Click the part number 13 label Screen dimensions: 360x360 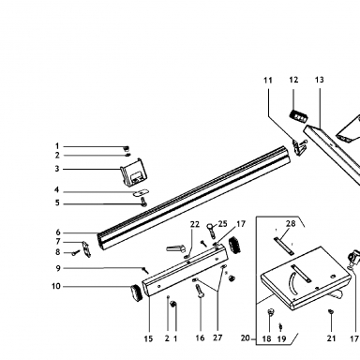click(x=319, y=80)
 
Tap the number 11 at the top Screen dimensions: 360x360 click(x=268, y=81)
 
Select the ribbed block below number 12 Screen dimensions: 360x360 click(x=298, y=115)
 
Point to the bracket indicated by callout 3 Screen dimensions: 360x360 click(x=133, y=172)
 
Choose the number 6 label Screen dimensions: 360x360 click(x=58, y=232)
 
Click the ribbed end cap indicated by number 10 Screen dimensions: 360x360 click(x=136, y=293)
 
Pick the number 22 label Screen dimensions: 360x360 click(x=195, y=224)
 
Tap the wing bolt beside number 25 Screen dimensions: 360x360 click(x=212, y=230)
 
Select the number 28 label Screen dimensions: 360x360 click(x=291, y=223)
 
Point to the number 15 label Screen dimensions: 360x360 click(x=148, y=338)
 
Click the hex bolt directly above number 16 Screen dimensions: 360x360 click(x=199, y=292)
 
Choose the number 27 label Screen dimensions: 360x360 click(x=217, y=337)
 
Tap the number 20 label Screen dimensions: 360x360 click(x=246, y=338)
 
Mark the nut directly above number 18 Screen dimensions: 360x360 click(x=271, y=312)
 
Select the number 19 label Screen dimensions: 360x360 click(x=281, y=338)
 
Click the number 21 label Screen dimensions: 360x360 click(x=331, y=338)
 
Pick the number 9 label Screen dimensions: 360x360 click(x=58, y=268)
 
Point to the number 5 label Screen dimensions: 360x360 click(x=57, y=203)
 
